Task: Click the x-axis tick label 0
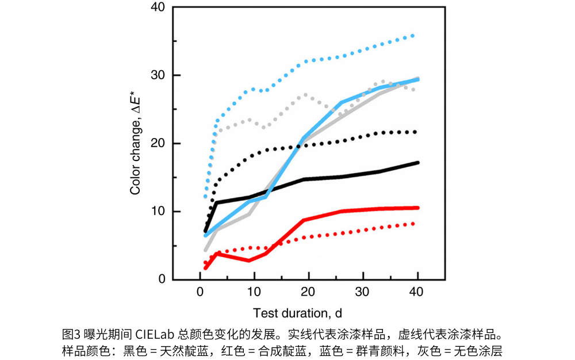pos(200,293)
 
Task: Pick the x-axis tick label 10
pos(254,293)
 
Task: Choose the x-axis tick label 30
pos(362,293)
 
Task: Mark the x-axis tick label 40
pos(416,293)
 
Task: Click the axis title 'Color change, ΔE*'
pos(136,144)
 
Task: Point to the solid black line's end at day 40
pos(417,163)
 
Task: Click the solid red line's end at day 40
pos(417,208)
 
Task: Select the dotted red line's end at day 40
pos(413,223)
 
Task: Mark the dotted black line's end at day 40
pos(415,132)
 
